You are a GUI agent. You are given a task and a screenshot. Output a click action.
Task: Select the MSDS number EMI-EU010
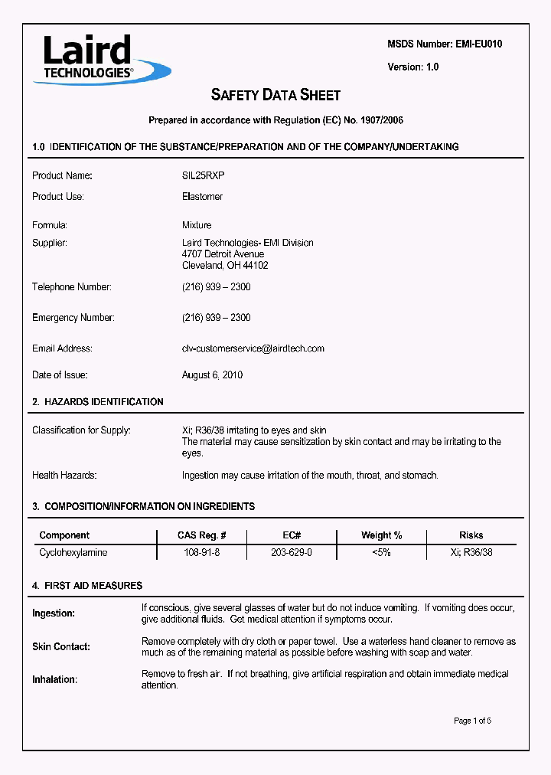[475, 44]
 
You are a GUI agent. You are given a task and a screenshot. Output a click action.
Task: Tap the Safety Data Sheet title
[275, 95]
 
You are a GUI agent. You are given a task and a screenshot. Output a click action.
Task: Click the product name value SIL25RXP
[204, 175]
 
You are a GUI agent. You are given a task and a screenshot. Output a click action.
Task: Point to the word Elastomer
[203, 197]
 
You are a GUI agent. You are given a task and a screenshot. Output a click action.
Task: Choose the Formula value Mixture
[197, 225]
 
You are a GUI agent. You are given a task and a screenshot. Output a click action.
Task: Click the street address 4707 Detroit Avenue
[223, 254]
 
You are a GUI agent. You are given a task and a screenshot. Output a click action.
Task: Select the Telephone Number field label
[72, 287]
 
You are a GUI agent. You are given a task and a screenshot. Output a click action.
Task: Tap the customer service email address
[253, 348]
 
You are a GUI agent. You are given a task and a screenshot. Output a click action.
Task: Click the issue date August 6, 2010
[212, 375]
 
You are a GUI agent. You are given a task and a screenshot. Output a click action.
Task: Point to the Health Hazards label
[64, 476]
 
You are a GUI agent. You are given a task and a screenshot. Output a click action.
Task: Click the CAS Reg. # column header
[201, 535]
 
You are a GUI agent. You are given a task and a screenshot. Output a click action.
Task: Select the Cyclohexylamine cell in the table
[73, 552]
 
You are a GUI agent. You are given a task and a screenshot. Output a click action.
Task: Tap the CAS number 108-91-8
[202, 552]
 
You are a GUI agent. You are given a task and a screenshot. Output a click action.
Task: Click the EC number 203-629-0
[292, 552]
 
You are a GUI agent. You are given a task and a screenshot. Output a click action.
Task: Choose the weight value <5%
[381, 552]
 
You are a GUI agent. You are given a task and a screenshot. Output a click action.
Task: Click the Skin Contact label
[61, 647]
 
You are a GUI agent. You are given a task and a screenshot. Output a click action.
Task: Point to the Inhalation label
[54, 679]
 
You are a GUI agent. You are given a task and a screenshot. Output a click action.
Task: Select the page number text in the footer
[472, 721]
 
